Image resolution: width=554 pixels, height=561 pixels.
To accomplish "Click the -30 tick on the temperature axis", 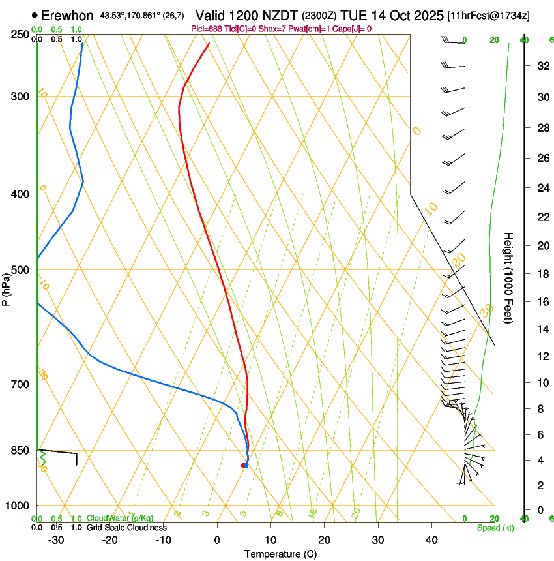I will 56,540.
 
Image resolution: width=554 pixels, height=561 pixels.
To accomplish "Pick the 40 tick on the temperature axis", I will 431,540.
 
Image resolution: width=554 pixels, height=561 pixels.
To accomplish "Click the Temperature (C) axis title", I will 280,554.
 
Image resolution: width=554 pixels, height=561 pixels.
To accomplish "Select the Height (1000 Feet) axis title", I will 508,277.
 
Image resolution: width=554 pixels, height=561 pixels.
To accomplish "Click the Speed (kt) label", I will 495,528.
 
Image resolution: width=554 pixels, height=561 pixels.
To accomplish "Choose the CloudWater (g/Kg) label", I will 120,519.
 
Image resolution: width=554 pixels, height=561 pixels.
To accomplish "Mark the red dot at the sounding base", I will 243,465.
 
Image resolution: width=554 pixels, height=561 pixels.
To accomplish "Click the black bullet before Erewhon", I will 35,15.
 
